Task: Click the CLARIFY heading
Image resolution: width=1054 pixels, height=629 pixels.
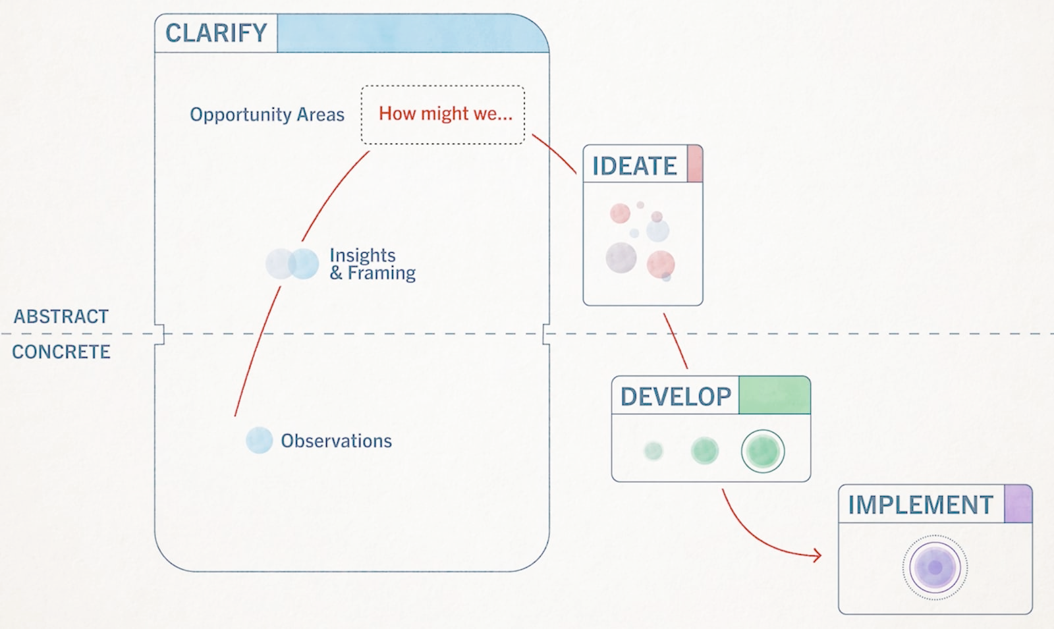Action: click(x=216, y=33)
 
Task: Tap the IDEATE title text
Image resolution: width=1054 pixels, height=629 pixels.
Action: click(x=634, y=166)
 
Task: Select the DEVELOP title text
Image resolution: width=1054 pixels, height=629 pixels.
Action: click(x=676, y=397)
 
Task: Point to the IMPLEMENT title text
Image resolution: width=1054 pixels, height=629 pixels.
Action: click(x=920, y=505)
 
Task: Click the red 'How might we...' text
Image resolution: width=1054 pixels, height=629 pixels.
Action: click(x=445, y=114)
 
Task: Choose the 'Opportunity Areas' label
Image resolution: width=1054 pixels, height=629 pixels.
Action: click(x=267, y=115)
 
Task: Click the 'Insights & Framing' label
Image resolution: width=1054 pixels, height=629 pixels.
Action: click(x=372, y=264)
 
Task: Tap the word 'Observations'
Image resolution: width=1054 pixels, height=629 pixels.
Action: click(x=336, y=441)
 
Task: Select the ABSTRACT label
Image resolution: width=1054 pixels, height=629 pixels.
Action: click(x=61, y=317)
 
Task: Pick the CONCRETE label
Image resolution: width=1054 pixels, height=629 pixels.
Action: click(x=61, y=352)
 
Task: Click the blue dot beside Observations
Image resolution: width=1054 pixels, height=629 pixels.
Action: click(x=259, y=440)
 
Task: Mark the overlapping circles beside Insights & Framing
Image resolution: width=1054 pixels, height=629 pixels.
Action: click(x=292, y=263)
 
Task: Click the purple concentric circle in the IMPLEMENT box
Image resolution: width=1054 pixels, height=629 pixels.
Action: click(x=935, y=567)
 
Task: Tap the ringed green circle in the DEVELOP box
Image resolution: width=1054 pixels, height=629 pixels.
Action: click(x=763, y=452)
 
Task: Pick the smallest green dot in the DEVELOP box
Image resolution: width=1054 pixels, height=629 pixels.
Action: click(x=653, y=451)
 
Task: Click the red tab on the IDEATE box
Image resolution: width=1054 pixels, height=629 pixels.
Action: click(x=694, y=164)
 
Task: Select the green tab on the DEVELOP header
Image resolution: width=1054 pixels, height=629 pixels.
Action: click(x=774, y=395)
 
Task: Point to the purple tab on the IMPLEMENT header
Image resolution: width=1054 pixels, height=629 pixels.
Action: click(x=1018, y=505)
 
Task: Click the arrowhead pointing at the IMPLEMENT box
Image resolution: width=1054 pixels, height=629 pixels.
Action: click(x=818, y=556)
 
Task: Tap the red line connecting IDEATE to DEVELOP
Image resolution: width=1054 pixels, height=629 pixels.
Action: click(x=675, y=341)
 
